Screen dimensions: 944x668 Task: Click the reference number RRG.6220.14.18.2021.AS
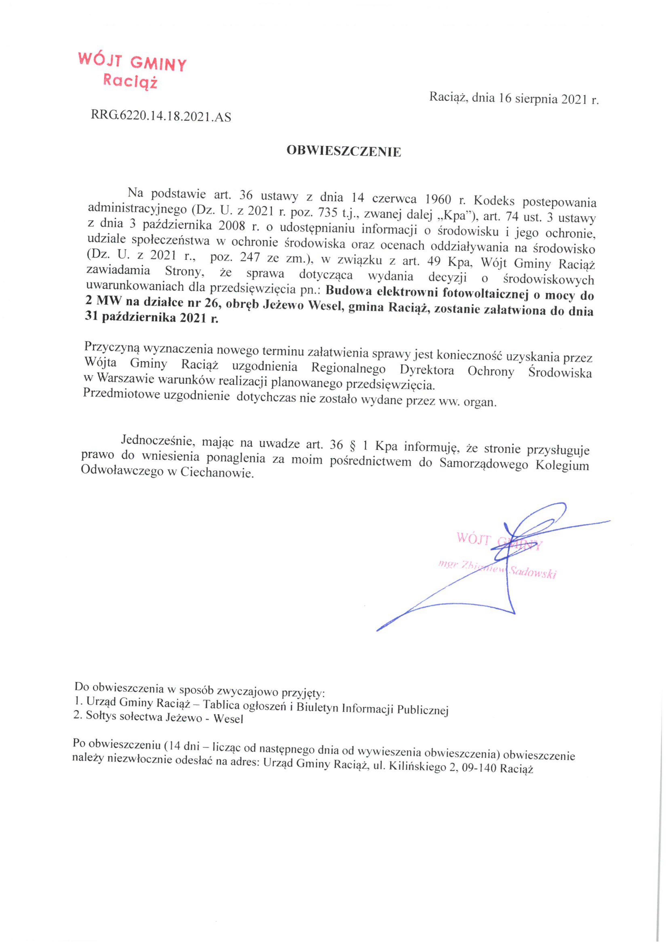(x=161, y=117)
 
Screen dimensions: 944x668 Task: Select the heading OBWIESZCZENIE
(x=344, y=151)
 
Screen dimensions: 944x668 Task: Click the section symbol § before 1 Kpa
(x=352, y=446)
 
